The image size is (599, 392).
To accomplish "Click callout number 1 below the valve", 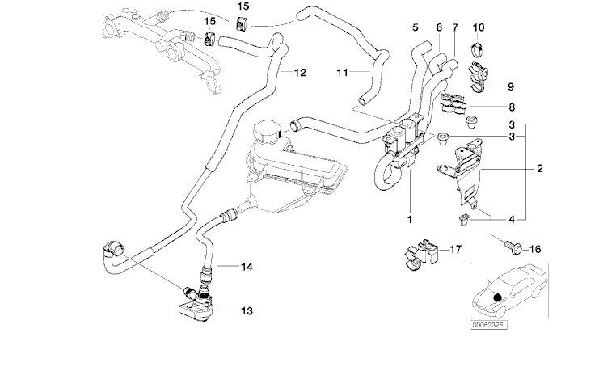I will tap(410, 219).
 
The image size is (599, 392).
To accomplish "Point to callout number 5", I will tap(416, 27).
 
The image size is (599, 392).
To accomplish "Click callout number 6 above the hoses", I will tap(439, 27).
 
